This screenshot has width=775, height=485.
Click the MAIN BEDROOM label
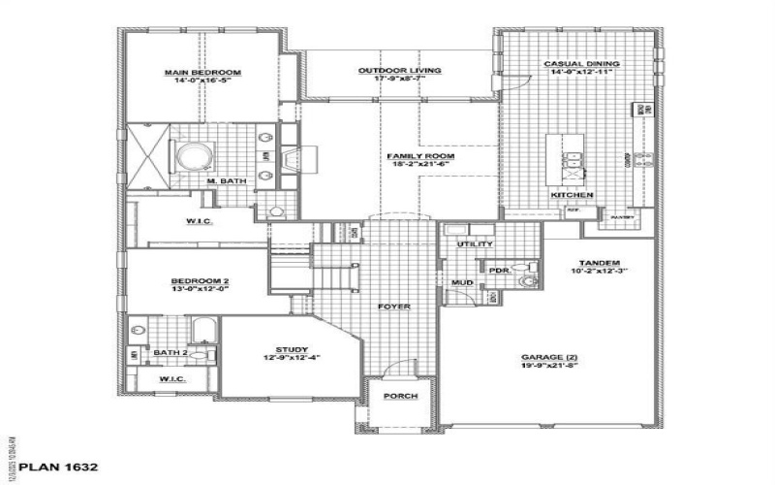(201, 73)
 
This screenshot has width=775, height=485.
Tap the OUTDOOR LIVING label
(399, 71)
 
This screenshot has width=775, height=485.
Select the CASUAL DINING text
(581, 65)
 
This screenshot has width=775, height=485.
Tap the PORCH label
(399, 397)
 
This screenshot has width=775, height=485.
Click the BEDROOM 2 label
(201, 281)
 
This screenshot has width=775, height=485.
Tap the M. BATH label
(226, 181)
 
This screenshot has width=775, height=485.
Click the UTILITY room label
(476, 244)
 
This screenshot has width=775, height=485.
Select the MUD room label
(462, 284)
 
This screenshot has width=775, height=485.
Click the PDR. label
(500, 271)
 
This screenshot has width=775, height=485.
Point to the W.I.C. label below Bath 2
(172, 378)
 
